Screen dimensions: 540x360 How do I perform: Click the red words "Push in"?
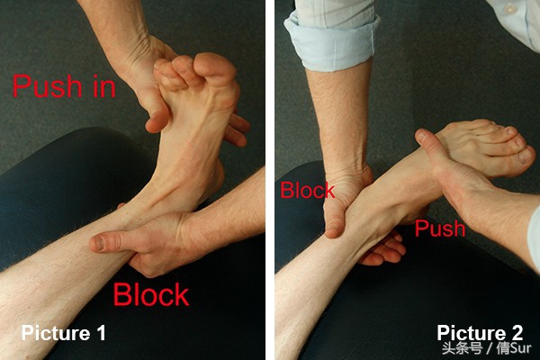pos(64,85)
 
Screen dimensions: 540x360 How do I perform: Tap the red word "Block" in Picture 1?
pos(151,294)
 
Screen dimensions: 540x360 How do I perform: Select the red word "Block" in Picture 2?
pos(308,190)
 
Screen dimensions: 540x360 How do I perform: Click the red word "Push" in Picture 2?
pos(440,228)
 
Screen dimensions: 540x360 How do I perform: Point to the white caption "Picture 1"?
pos(63,333)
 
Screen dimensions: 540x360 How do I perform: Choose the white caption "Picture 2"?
pos(480,333)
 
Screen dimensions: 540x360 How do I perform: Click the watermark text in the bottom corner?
pos(487,348)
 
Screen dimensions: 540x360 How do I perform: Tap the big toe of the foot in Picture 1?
pos(214,68)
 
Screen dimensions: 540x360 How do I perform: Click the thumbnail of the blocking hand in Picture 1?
pos(100,243)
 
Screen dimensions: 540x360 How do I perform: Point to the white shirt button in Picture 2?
pos(510,8)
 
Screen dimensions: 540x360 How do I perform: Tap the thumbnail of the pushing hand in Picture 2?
pos(421,137)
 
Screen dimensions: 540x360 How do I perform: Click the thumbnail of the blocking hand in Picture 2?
pos(332,229)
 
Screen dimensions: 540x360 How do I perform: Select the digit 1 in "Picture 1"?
pos(100,333)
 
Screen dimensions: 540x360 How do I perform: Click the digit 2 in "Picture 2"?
pos(517,333)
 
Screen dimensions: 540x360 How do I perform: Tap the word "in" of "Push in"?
pos(103,85)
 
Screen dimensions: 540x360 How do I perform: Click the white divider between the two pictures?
pos(270,180)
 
